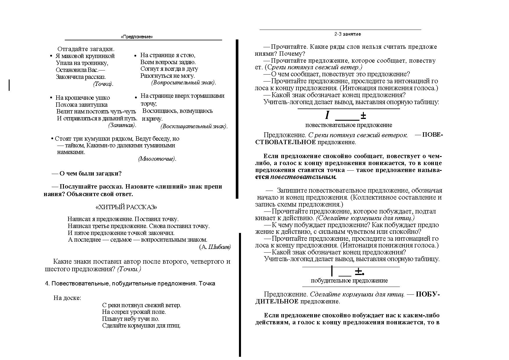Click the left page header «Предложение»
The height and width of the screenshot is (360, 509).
pyautogui.click(x=137, y=37)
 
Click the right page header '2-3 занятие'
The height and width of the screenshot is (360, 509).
pyautogui.click(x=348, y=34)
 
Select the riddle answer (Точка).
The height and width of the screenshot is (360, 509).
pyautogui.click(x=103, y=84)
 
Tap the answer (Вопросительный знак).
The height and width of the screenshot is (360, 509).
pyautogui.click(x=184, y=82)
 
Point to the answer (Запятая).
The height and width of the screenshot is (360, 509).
pyautogui.click(x=122, y=125)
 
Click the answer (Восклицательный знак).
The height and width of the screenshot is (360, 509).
pyautogui.click(x=194, y=126)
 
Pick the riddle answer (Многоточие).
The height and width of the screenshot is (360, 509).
pyautogui.click(x=157, y=159)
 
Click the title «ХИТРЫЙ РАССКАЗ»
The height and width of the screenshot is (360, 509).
pyautogui.click(x=126, y=207)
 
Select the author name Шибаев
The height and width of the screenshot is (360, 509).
pyautogui.click(x=220, y=247)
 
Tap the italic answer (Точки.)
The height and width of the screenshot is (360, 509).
pyautogui.click(x=129, y=269)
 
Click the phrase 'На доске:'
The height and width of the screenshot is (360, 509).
pyautogui.click(x=67, y=298)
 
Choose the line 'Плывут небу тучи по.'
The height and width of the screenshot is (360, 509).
pyautogui.click(x=131, y=319)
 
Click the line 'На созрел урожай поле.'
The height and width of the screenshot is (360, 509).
pyautogui.click(x=134, y=312)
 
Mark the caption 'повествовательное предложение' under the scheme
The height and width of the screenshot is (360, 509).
pyautogui.click(x=348, y=125)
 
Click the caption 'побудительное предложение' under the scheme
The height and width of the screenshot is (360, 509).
pyautogui.click(x=349, y=281)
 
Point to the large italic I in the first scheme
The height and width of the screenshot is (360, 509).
pyautogui.click(x=327, y=115)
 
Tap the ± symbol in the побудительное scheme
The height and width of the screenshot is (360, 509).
pyautogui.click(x=359, y=272)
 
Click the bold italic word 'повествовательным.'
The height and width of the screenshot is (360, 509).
pyautogui.click(x=303, y=177)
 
